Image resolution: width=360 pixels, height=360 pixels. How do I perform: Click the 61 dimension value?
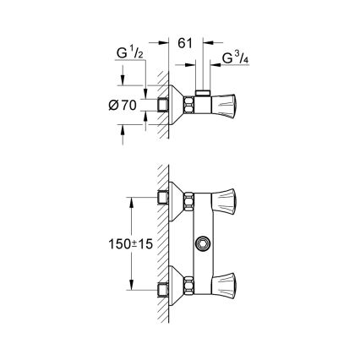pyautogui.click(x=187, y=41)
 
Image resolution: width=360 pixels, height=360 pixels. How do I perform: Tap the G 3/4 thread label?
pyautogui.click(x=234, y=59)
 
